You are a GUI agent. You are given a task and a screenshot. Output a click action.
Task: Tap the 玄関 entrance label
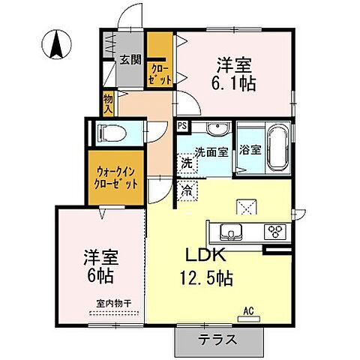point(129,61)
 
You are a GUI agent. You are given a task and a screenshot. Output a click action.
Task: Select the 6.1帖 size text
point(235,82)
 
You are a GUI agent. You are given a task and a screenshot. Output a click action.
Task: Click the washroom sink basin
point(217,129)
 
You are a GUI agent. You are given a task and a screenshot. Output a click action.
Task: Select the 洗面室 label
point(211,151)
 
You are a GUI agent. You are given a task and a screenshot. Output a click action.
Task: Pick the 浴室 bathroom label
point(250,148)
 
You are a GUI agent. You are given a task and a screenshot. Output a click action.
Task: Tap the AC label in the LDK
point(248,309)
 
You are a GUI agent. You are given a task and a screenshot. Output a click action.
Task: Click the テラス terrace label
point(218,339)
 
